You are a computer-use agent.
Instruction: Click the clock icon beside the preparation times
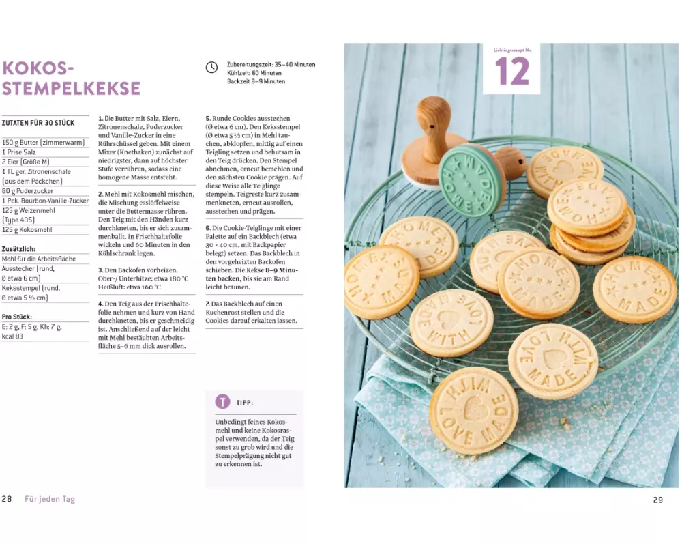[x=211, y=68]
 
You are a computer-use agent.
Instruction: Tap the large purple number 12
[x=512, y=72]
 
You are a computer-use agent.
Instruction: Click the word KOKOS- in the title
[x=38, y=68]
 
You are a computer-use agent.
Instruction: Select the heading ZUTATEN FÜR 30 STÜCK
[x=38, y=123]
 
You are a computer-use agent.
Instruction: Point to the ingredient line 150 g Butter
[x=43, y=143]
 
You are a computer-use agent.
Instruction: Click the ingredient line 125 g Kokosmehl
[x=27, y=230]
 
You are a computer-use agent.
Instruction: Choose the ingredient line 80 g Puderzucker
[x=27, y=191]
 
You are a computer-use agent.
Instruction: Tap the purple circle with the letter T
[x=222, y=401]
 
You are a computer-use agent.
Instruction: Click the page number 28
[x=7, y=499]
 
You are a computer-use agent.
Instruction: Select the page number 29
[x=658, y=500]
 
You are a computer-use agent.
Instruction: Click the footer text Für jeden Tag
[x=50, y=499]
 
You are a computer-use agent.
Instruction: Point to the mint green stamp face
[x=471, y=181]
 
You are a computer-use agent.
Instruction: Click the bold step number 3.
[x=100, y=270]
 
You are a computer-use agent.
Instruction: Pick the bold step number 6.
[x=208, y=228]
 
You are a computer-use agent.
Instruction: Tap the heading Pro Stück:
[x=17, y=317]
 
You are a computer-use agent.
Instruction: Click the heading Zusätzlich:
[x=18, y=249]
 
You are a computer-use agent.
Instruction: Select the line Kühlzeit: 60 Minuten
[x=254, y=73]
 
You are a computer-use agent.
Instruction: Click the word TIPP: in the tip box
[x=245, y=403]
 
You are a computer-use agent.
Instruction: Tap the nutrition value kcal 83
[x=12, y=336]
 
